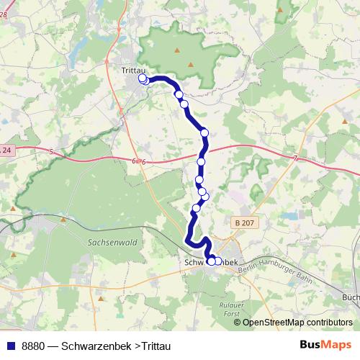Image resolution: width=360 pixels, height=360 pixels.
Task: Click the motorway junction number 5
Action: [53, 151]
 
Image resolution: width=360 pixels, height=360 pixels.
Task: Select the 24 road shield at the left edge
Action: [6, 150]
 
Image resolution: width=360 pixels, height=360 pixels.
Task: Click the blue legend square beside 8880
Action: [10, 346]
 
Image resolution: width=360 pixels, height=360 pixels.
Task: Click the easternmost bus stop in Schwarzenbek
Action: [218, 261]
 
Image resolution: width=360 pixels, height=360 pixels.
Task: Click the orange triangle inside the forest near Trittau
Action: [177, 50]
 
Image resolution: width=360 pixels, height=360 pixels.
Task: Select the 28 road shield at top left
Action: [4, 14]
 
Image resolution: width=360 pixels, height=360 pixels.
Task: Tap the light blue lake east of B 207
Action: [290, 215]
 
